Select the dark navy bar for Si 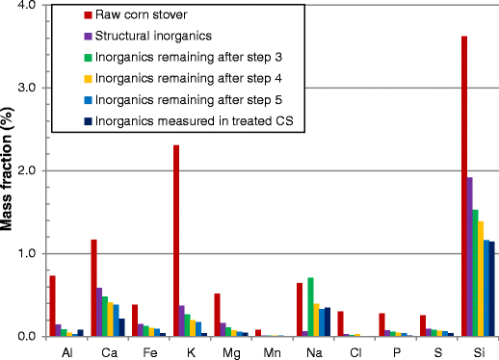491,289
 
